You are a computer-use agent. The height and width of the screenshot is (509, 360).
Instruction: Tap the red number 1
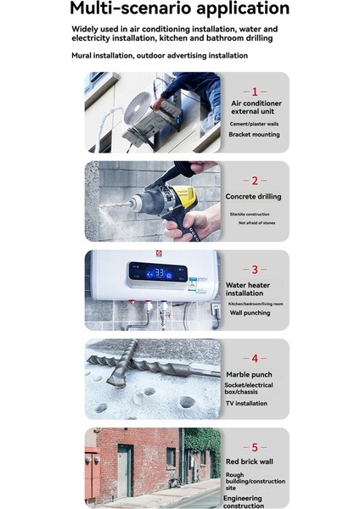255,91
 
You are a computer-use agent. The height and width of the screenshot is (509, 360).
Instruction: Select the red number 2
255,181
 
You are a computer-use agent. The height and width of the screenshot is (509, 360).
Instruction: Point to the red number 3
255,270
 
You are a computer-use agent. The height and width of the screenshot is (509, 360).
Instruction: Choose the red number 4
255,359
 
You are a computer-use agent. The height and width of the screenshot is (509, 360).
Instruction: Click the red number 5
255,447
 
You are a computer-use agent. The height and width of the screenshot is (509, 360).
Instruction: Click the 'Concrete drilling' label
254,197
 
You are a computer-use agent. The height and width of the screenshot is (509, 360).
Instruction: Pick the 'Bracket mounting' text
255,135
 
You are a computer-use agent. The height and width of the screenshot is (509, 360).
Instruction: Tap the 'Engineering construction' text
243,503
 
